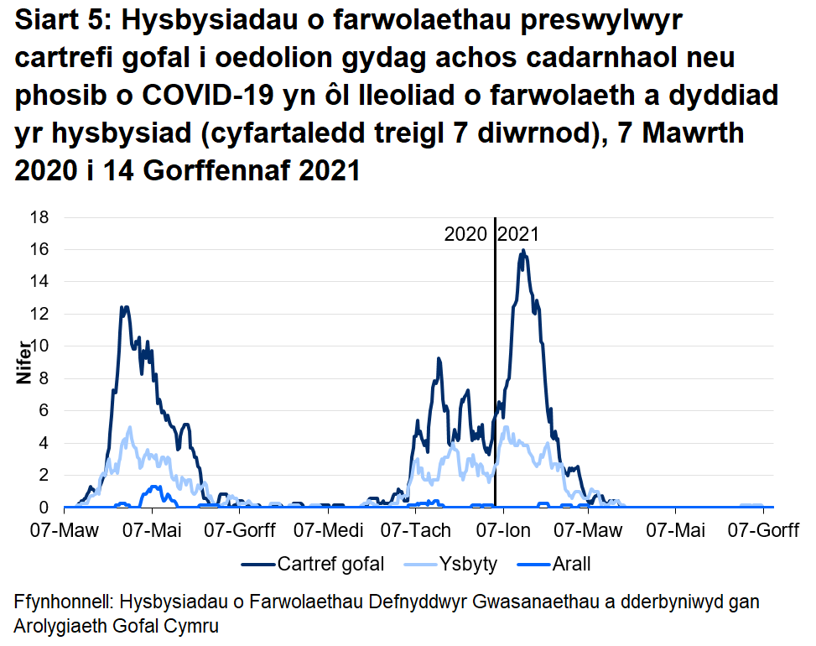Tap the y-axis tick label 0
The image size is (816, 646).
45,508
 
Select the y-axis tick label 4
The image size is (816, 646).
45,443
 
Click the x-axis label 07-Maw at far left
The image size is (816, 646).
64,531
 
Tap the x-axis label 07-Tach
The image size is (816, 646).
416,531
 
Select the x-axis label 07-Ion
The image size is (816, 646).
503,531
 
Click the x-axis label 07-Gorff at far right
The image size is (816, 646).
762,531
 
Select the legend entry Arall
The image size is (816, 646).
570,564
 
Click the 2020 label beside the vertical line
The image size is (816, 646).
466,235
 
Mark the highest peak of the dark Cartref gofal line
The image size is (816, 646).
523,250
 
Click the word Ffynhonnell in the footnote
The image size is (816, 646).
64,603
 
